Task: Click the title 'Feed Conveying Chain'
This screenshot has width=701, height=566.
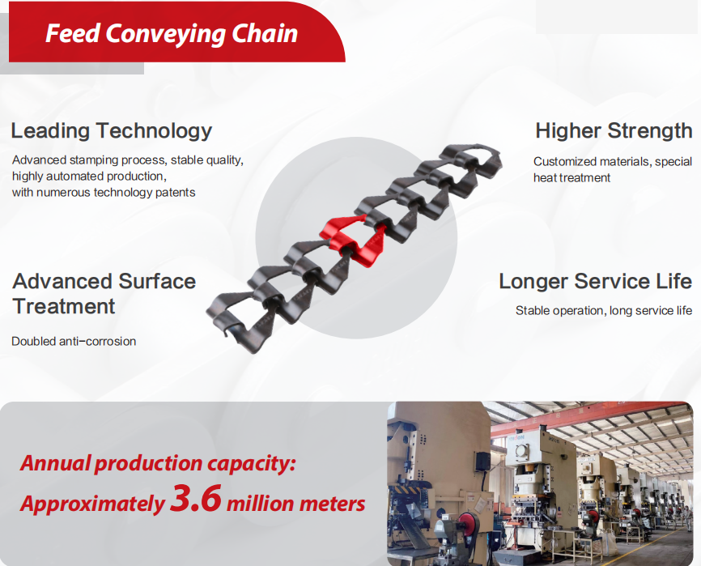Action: pyautogui.click(x=172, y=33)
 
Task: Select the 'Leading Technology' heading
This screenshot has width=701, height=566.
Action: pyautogui.click(x=111, y=130)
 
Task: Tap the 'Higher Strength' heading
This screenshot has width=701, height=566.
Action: pyautogui.click(x=613, y=130)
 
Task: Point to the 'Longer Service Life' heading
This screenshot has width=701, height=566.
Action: pyautogui.click(x=595, y=281)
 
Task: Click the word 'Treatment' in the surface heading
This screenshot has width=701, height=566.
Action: pyautogui.click(x=64, y=306)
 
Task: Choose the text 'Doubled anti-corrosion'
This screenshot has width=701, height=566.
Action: pyautogui.click(x=74, y=341)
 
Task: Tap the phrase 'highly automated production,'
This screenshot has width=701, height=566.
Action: pyautogui.click(x=89, y=176)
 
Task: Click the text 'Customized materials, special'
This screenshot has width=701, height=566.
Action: pyautogui.click(x=612, y=161)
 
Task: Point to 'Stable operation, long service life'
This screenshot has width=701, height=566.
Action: pyautogui.click(x=603, y=310)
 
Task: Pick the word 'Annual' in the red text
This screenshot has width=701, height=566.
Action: pyautogui.click(x=55, y=464)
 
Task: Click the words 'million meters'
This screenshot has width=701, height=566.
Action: pyautogui.click(x=295, y=504)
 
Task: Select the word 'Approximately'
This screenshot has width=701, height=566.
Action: pyautogui.click(x=91, y=504)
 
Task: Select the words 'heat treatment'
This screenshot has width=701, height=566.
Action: pyautogui.click(x=571, y=177)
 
